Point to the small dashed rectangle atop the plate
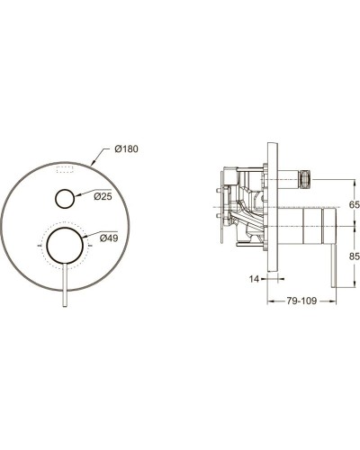pos(65,168)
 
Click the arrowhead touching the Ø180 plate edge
pos(98,163)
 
